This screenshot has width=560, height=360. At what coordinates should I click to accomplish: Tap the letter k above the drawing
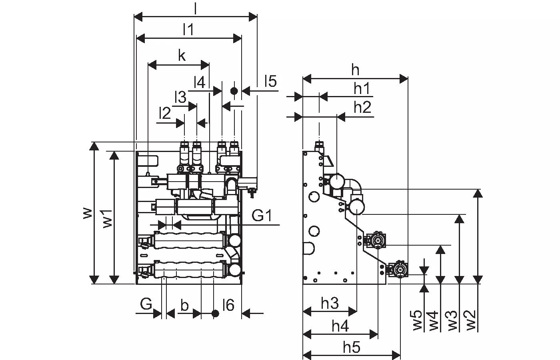click(x=182, y=55)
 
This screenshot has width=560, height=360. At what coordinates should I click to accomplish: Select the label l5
click(x=270, y=81)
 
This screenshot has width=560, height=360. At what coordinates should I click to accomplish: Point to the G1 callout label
click(x=262, y=216)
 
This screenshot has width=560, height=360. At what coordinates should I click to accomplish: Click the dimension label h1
click(x=362, y=88)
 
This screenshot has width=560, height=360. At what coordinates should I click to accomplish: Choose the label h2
click(x=362, y=107)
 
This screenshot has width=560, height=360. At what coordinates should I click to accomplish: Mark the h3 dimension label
click(x=330, y=303)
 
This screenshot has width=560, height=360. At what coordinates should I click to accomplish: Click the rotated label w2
click(x=471, y=320)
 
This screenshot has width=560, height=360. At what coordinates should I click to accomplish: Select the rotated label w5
click(x=417, y=320)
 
